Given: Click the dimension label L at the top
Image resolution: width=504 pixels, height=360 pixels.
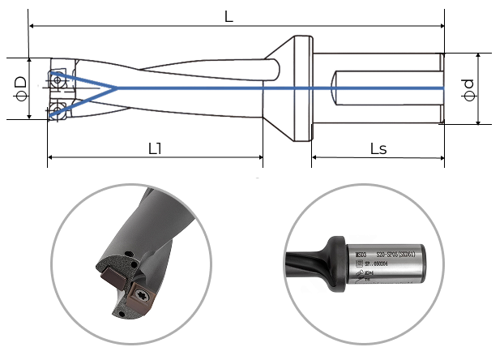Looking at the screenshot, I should [229, 17].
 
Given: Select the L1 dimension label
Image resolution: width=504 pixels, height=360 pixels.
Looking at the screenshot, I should [155, 148].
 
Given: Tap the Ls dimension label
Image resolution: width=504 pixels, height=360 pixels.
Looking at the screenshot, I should [378, 148].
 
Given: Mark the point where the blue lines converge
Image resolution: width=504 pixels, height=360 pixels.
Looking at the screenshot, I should [118, 88].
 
